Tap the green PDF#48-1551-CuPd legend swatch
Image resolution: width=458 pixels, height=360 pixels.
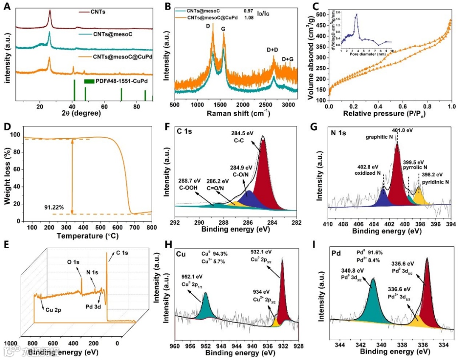[89, 81]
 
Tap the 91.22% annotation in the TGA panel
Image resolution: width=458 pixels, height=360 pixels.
[54, 208]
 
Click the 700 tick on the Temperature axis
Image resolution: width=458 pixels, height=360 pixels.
[135, 228]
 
